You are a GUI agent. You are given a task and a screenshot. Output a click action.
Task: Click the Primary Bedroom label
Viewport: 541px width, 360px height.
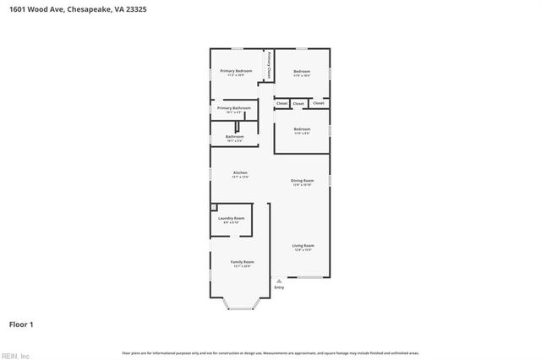tap(236, 71)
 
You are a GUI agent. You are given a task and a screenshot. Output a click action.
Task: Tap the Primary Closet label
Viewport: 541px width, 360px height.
tap(269, 66)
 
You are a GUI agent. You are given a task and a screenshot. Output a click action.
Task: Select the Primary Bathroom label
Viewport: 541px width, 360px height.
tap(233, 108)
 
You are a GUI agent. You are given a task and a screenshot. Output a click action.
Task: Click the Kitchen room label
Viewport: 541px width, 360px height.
tap(241, 173)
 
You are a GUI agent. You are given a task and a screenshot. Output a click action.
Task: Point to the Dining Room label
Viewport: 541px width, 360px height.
tap(302, 180)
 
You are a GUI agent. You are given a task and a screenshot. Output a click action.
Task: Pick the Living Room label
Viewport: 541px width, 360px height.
tap(303, 246)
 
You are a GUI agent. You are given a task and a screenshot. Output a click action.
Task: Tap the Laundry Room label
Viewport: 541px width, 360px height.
tap(231, 219)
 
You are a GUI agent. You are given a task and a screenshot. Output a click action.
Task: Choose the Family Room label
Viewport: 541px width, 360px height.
tap(242, 262)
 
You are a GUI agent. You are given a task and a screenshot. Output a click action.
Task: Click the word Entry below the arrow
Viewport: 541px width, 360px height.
tap(280, 288)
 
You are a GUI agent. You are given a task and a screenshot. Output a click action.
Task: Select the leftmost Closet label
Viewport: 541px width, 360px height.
tap(281, 103)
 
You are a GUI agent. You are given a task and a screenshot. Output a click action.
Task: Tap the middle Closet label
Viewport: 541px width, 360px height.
tap(298, 103)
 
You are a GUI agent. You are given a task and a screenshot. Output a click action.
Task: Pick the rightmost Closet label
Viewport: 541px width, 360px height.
tap(318, 103)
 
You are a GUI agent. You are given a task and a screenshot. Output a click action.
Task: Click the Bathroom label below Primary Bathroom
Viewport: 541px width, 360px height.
tap(234, 137)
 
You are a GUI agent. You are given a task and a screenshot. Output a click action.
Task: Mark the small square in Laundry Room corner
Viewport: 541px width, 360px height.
tap(213, 208)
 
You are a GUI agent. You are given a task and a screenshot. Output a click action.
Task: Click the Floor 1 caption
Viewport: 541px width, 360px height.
tap(21, 324)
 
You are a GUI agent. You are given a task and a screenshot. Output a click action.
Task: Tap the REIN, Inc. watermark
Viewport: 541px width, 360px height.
tap(15, 355)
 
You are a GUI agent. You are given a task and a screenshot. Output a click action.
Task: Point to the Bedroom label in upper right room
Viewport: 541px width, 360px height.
tap(302, 72)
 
